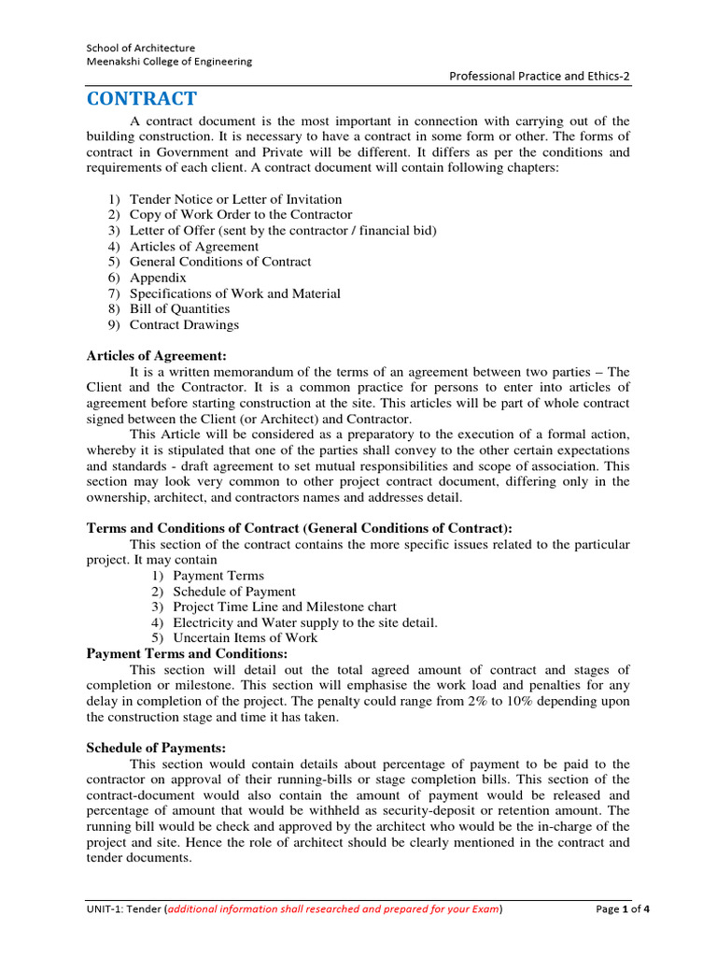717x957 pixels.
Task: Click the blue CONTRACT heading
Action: coord(141,99)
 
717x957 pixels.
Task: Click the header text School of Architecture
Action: coord(141,48)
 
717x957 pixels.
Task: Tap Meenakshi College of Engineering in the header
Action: coord(169,62)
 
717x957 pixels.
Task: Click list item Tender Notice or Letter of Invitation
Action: coord(235,199)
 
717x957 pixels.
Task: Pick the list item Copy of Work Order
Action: coord(241,215)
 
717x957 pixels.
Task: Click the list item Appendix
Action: coord(158,278)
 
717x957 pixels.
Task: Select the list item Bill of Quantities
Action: coord(179,309)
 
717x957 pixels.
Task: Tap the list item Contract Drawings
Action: coord(184,325)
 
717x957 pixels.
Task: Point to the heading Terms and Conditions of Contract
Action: coord(299,528)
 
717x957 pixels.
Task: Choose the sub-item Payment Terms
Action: coord(218,576)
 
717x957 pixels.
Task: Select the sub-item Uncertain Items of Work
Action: coord(245,638)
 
